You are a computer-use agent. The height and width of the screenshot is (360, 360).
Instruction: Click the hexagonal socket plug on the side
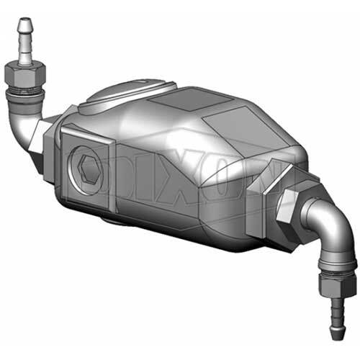pos(89,167)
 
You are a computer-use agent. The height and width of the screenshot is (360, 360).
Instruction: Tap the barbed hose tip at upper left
pos(24,41)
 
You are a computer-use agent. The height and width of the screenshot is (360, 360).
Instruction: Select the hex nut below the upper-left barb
pos(25,76)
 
